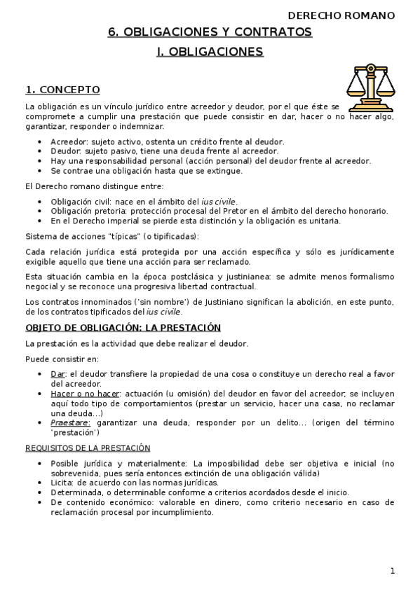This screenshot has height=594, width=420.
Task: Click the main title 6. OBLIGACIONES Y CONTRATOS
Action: pos(210,32)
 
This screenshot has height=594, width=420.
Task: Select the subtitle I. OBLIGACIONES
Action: pos(210,52)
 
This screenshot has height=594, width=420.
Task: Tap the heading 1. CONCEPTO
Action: pos(62,90)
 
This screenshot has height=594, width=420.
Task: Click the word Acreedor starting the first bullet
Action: pos(67,141)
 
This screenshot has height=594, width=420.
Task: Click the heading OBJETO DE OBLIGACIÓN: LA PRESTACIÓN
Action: pos(123,328)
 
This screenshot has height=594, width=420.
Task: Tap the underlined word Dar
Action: pos(57,374)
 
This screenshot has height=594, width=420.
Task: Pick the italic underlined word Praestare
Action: pos(70,423)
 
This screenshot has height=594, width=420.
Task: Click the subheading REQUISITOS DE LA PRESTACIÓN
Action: pos(88,448)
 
